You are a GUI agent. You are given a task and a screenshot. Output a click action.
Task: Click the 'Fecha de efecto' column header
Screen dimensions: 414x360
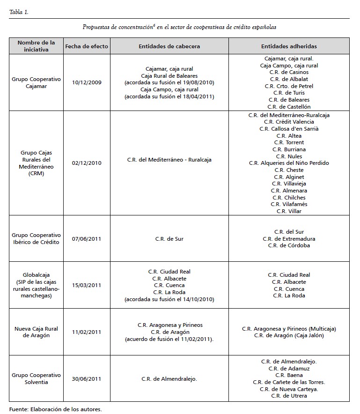pyautogui.click(x=87, y=46)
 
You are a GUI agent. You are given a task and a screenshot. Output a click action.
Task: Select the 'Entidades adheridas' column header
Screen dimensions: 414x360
pyautogui.click(x=289, y=46)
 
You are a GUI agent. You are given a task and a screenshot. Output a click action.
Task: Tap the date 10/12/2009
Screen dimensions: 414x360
pyautogui.click(x=87, y=82)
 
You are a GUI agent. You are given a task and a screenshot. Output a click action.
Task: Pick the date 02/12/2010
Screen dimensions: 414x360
pyautogui.click(x=87, y=163)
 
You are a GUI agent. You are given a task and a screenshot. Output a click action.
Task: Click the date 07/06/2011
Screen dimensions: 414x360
pyautogui.click(x=87, y=239)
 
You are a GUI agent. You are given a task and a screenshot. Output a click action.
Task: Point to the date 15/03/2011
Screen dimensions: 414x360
pyautogui.click(x=87, y=285)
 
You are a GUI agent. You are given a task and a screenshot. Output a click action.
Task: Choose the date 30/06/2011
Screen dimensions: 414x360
pyautogui.click(x=87, y=378)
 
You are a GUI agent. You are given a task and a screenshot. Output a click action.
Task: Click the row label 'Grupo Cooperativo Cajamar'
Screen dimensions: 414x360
pyautogui.click(x=37, y=82)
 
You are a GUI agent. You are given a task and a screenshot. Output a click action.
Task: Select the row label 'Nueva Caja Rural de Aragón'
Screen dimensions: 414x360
pyautogui.click(x=37, y=332)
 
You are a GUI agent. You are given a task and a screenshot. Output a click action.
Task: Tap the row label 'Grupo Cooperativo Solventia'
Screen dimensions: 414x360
pyautogui.click(x=37, y=378)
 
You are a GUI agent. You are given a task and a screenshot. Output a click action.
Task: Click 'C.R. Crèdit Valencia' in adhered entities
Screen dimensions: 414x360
pyautogui.click(x=289, y=122)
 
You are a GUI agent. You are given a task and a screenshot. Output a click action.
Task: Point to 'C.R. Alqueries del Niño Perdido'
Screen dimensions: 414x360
pyautogui.click(x=289, y=163)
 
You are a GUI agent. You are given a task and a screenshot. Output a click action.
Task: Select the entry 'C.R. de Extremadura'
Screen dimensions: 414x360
pyautogui.click(x=289, y=239)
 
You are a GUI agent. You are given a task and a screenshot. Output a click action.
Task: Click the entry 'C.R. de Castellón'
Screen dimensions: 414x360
pyautogui.click(x=289, y=107)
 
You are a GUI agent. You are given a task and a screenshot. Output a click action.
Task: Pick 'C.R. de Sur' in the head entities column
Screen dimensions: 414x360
pyautogui.click(x=169, y=239)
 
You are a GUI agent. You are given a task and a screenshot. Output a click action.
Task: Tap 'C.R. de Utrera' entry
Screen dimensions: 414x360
pyautogui.click(x=289, y=396)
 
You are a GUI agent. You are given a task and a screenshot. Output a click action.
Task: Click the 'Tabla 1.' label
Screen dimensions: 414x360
pyautogui.click(x=19, y=12)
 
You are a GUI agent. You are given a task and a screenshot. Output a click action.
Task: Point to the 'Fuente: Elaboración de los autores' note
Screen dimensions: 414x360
pyautogui.click(x=55, y=409)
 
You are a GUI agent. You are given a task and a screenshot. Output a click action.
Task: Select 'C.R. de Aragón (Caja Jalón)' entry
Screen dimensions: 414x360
pyautogui.click(x=289, y=335)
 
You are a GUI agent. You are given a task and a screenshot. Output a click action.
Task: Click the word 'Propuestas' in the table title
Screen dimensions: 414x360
pyautogui.click(x=98, y=27)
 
